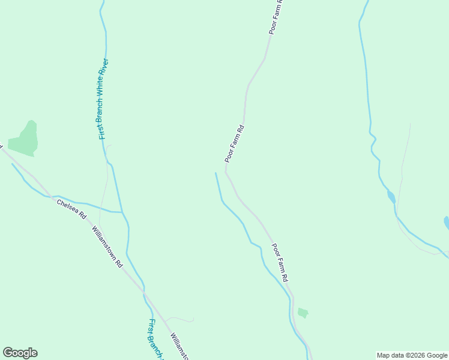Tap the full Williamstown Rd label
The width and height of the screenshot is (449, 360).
[x=107, y=246]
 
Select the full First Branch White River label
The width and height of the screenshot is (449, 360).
[x=103, y=99]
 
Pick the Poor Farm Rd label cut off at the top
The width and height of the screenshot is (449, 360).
[x=277, y=17]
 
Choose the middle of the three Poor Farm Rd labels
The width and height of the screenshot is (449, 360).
[x=235, y=144]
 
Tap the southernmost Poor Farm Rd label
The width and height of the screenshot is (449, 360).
[x=280, y=262]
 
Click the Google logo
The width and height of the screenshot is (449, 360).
[x=20, y=352]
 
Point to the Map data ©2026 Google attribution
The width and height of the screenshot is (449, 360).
[x=412, y=355]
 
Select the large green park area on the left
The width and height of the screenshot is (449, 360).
[x=25, y=139]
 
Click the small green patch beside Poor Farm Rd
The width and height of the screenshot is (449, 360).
[x=303, y=313]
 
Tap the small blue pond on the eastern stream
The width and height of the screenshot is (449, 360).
[x=391, y=196]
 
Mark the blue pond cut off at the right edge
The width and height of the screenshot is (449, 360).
[x=446, y=223]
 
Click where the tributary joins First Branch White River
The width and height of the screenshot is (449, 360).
[x=122, y=212]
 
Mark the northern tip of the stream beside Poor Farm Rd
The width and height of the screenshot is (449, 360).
[x=215, y=173]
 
